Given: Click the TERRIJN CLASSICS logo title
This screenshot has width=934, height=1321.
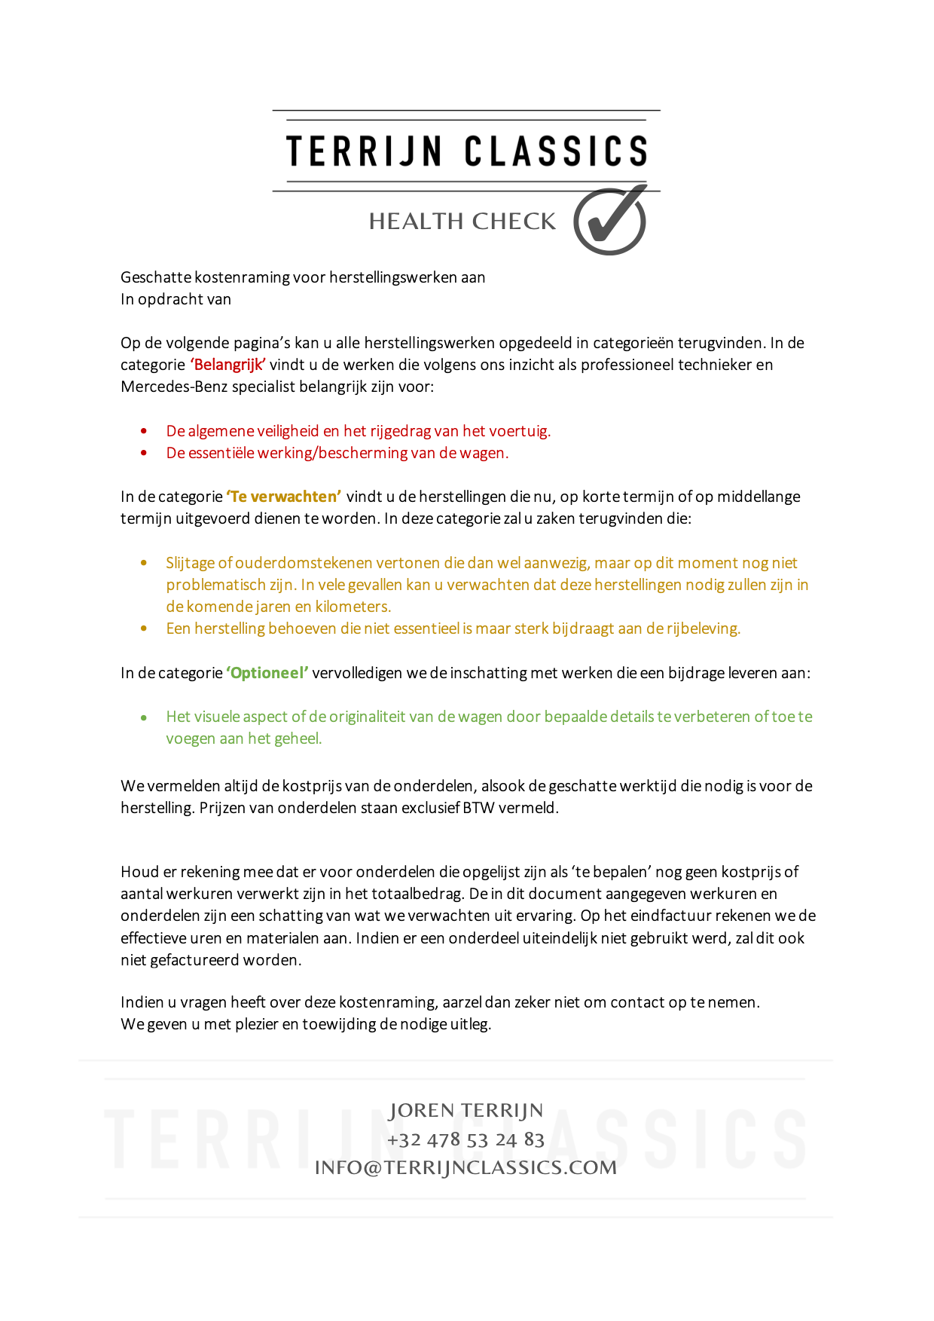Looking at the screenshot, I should pyautogui.click(x=466, y=151).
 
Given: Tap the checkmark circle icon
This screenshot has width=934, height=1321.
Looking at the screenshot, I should pyautogui.click(x=609, y=222).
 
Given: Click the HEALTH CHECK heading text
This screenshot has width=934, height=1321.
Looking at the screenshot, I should pyautogui.click(x=462, y=222).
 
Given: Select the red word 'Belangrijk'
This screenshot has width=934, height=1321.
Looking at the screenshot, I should pyautogui.click(x=227, y=365).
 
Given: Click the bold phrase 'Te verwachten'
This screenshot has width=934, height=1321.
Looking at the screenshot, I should pyautogui.click(x=284, y=497).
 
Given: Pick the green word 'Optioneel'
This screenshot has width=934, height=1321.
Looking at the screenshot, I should pyautogui.click(x=267, y=673).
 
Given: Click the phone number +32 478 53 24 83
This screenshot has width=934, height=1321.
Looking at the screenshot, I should pyautogui.click(x=465, y=1139).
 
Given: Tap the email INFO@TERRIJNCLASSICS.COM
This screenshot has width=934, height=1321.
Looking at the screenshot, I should pyautogui.click(x=465, y=1167).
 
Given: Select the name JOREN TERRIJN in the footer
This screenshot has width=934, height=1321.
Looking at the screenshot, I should pyautogui.click(x=465, y=1111).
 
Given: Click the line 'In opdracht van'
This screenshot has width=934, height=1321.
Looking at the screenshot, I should pyautogui.click(x=176, y=299).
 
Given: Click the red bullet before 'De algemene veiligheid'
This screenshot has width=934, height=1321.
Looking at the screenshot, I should pyautogui.click(x=144, y=431).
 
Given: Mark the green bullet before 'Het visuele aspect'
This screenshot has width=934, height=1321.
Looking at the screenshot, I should pyautogui.click(x=144, y=717).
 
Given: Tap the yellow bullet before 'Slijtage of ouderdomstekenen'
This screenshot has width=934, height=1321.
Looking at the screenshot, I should pyautogui.click(x=144, y=563).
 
